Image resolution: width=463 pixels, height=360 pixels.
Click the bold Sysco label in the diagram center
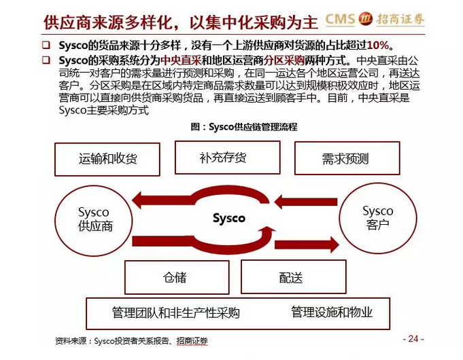pos(229,218)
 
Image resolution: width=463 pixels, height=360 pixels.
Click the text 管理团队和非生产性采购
pos(175,312)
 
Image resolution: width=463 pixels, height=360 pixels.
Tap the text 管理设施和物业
pos(332,312)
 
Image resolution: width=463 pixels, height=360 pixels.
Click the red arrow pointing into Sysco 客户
pos(307,245)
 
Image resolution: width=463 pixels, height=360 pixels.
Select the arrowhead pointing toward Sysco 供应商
pos(141,200)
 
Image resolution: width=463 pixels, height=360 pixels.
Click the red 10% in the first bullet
pos(377,46)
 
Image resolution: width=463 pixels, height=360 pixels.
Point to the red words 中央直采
pos(181,60)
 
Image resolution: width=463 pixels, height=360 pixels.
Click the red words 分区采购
pos(284,60)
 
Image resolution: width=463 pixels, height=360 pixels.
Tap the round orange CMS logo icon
pos(366,18)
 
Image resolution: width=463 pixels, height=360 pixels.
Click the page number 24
pos(413,338)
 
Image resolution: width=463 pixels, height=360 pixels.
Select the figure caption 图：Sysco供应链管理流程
pos(244,127)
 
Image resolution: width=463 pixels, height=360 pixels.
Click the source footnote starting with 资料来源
pos(132,341)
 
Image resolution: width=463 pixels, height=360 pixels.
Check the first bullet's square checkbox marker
pos(46,45)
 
